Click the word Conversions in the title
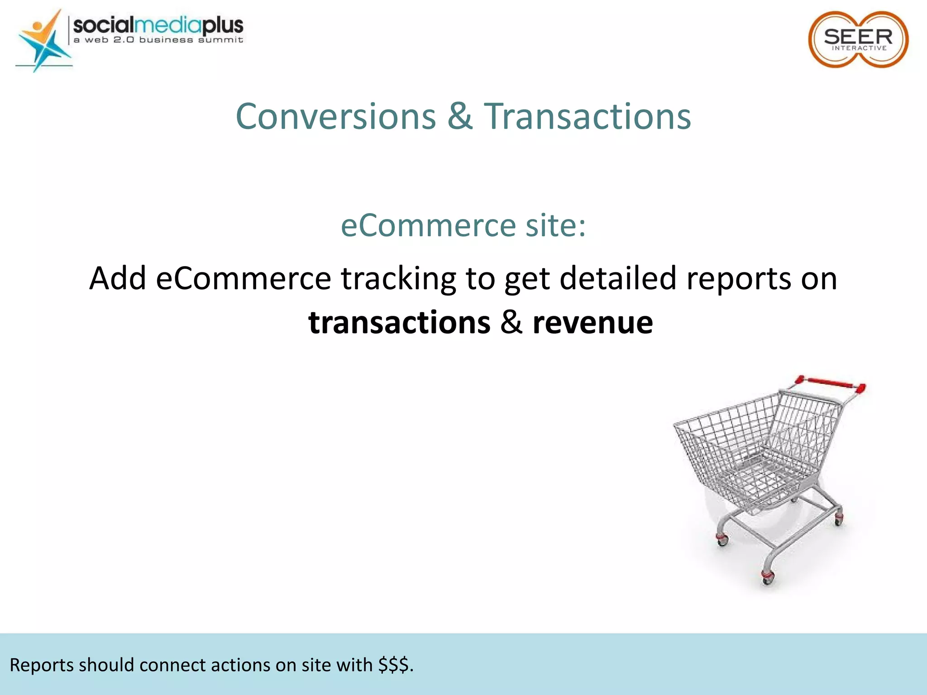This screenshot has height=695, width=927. pyautogui.click(x=335, y=117)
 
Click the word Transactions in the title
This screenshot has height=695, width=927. pyautogui.click(x=587, y=117)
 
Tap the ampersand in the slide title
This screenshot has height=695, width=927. pyautogui.click(x=460, y=117)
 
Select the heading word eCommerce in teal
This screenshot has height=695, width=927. pyautogui.click(x=428, y=225)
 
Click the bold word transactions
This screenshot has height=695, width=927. pyautogui.click(x=399, y=323)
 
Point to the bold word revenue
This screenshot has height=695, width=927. pyautogui.click(x=593, y=323)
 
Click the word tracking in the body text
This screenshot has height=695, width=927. pyautogui.click(x=398, y=279)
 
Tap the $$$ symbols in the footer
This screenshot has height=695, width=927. pyautogui.click(x=395, y=665)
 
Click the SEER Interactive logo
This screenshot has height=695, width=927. pyautogui.click(x=858, y=40)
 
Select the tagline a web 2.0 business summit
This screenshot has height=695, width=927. pyautogui.click(x=158, y=40)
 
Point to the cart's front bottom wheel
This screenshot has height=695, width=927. pyautogui.click(x=768, y=577)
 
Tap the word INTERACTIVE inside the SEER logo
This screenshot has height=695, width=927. pyautogui.click(x=859, y=48)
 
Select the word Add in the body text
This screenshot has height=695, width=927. pyautogui.click(x=117, y=279)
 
